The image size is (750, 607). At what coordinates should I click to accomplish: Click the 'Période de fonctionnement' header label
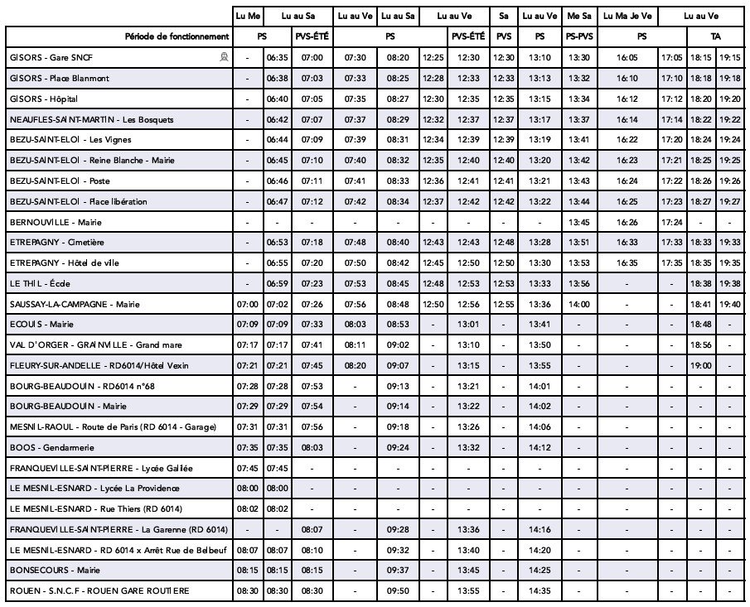pyautogui.click(x=177, y=36)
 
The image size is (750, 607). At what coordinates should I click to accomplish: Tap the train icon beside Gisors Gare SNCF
pyautogui.click(x=223, y=57)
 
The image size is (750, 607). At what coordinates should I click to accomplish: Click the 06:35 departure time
pyautogui.click(x=276, y=58)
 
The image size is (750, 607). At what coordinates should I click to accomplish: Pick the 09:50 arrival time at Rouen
pyautogui.click(x=398, y=590)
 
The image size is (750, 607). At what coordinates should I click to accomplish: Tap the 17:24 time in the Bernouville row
pyautogui.click(x=672, y=222)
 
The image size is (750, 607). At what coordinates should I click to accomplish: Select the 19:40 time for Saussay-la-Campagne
pyautogui.click(x=729, y=304)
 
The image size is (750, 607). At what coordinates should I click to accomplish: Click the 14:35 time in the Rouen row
pyautogui.click(x=540, y=590)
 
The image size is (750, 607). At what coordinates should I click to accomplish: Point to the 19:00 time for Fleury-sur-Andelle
pyautogui.click(x=701, y=365)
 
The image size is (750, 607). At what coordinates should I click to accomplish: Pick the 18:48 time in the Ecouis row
pyautogui.click(x=701, y=325)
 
